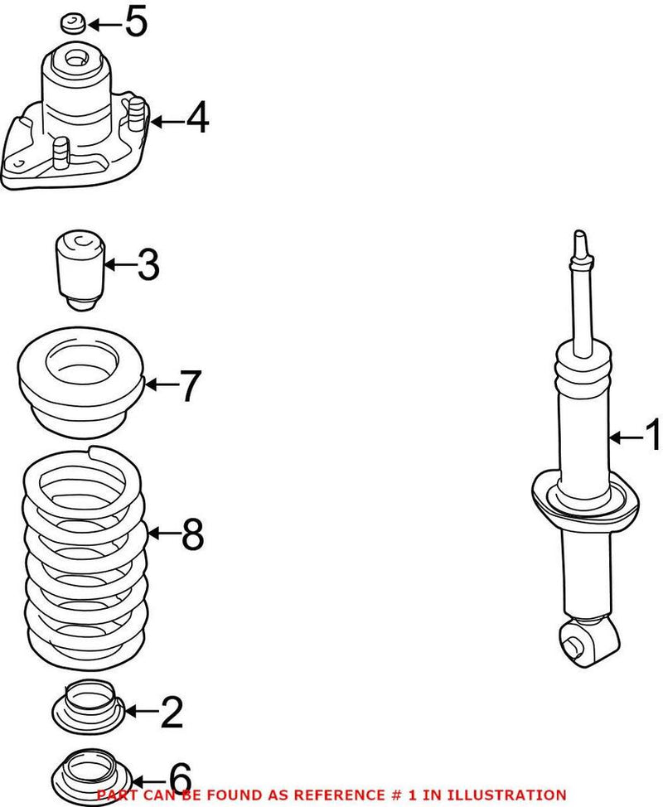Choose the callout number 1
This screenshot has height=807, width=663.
tap(652, 436)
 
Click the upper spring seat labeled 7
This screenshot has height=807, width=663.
tap(81, 385)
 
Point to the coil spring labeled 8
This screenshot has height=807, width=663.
tap(83, 555)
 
